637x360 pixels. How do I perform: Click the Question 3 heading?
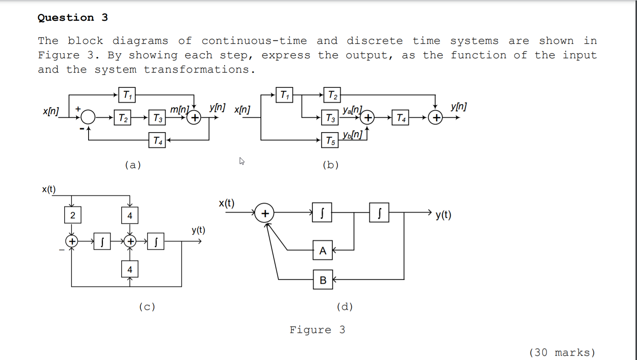tap(73, 18)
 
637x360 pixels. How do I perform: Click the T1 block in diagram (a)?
tap(127, 95)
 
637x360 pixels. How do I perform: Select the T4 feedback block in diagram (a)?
tap(157, 140)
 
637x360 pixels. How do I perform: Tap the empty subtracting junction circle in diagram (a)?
tap(88, 117)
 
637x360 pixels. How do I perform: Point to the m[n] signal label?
tap(179, 109)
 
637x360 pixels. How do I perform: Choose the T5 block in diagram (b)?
tap(330, 140)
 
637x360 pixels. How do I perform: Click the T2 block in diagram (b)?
tap(332, 95)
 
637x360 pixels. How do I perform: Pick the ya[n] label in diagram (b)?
tap(352, 110)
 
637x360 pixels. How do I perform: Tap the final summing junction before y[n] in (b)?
tap(435, 117)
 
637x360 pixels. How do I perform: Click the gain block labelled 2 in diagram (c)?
tap(73, 215)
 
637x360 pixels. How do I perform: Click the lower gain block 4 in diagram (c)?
tap(130, 269)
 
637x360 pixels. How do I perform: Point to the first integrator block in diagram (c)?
tap(102, 241)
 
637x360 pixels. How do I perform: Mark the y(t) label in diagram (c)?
tap(198, 230)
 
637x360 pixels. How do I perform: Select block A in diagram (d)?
tap(323, 250)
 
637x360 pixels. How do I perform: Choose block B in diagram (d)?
tap(323, 280)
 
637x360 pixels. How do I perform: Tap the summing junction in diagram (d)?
tap(264, 213)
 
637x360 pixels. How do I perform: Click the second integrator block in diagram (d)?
tap(379, 213)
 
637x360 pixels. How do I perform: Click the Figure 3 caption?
tap(317, 330)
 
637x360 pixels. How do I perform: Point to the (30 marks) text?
tap(562, 352)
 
